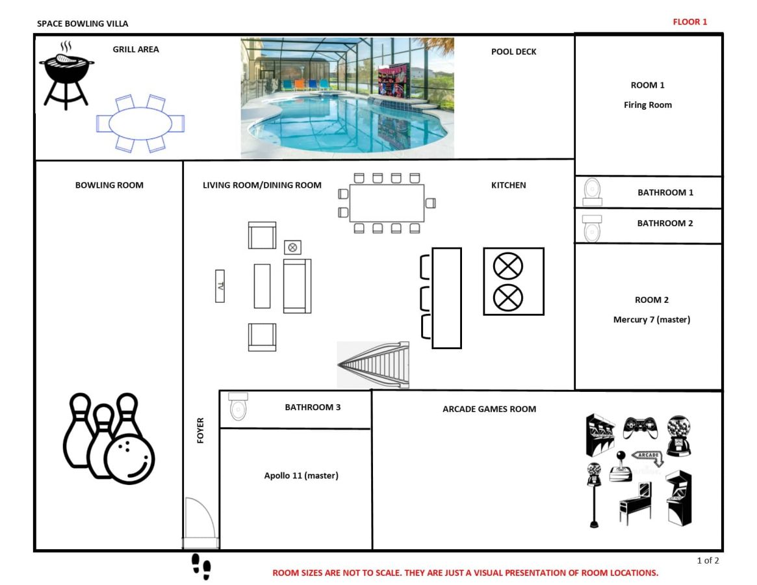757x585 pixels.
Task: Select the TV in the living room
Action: click(x=220, y=286)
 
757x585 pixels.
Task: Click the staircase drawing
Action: click(x=373, y=365)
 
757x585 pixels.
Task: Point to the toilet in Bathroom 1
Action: click(x=593, y=192)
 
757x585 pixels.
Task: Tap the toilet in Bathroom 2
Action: click(x=592, y=229)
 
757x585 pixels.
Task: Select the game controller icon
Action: click(x=639, y=428)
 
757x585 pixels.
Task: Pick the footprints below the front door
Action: click(x=201, y=567)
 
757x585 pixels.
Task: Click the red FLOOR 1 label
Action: click(x=690, y=21)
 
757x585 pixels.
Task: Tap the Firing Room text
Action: click(x=648, y=105)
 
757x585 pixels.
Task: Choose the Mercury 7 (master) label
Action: click(x=652, y=319)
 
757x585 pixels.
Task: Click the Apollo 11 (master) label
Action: click(x=302, y=475)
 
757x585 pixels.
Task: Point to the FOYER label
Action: click(x=200, y=430)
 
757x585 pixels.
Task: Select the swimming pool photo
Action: click(x=347, y=98)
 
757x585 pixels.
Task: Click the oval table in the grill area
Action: click(x=140, y=123)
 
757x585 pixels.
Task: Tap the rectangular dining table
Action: click(x=387, y=203)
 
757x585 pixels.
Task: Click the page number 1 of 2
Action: click(x=708, y=560)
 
